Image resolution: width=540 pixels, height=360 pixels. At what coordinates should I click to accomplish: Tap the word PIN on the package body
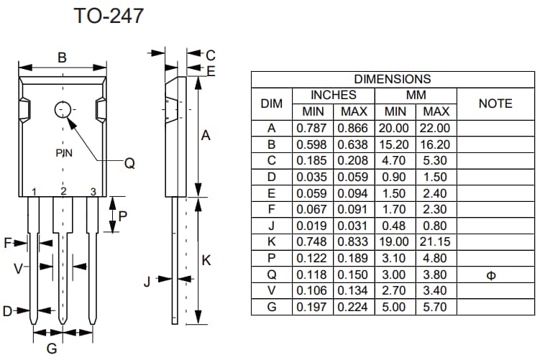[64, 153]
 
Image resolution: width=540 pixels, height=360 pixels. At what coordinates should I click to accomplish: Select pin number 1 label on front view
[35, 191]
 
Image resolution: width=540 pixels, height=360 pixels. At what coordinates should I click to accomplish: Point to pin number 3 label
[93, 191]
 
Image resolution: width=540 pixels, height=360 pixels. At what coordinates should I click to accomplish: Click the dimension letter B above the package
[62, 57]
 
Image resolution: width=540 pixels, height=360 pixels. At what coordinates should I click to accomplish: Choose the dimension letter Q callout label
[129, 164]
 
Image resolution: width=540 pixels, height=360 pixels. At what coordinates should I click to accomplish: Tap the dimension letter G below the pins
[52, 349]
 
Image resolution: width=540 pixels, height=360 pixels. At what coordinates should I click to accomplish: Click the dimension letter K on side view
[206, 261]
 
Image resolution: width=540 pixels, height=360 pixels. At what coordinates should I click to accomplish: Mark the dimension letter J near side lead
[147, 281]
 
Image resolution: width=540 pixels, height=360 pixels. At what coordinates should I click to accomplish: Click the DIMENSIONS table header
[393, 79]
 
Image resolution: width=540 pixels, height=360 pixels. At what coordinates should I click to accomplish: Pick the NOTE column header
[495, 103]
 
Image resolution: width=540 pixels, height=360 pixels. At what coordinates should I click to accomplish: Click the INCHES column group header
[333, 95]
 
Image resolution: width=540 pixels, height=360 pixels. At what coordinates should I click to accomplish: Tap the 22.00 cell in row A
[436, 128]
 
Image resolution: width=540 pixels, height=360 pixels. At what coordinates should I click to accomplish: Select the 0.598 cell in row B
[312, 144]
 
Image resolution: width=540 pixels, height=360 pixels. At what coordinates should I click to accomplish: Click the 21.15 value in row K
[436, 242]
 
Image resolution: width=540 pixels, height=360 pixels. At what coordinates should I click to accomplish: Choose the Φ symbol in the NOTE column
[491, 275]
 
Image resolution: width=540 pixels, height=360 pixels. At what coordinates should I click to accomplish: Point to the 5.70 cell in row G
[436, 307]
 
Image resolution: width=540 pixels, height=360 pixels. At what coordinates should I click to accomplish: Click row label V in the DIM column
[271, 291]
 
